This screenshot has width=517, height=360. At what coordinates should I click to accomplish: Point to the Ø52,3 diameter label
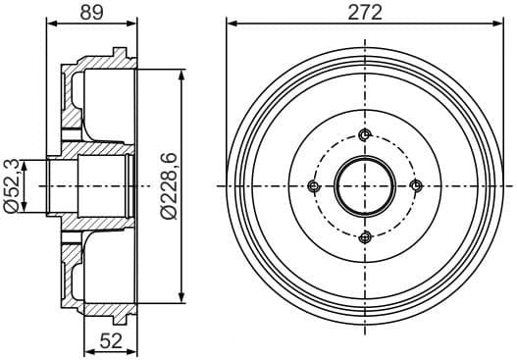click(13, 184)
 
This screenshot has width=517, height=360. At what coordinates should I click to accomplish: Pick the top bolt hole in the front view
click(365, 135)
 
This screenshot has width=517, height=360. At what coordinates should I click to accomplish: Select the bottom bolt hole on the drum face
click(365, 236)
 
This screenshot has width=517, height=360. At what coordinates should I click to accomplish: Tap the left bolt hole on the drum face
click(314, 186)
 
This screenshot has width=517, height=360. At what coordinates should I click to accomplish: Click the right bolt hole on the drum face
click(415, 186)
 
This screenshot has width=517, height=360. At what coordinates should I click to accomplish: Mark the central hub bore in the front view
click(365, 186)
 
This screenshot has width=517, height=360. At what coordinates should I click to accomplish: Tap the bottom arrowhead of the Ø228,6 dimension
click(182, 298)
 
